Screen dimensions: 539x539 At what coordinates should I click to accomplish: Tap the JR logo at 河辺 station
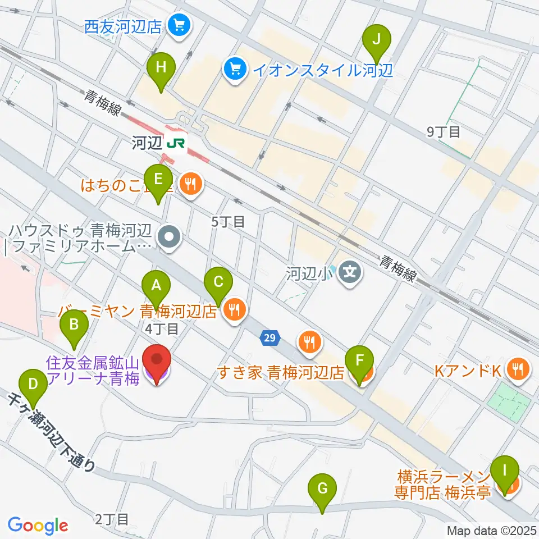pos(176,144)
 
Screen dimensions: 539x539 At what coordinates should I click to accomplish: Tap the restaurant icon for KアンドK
pos(515,368)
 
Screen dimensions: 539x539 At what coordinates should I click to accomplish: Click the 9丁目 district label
pos(444,133)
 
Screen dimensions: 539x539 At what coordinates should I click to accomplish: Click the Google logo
pos(38,526)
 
